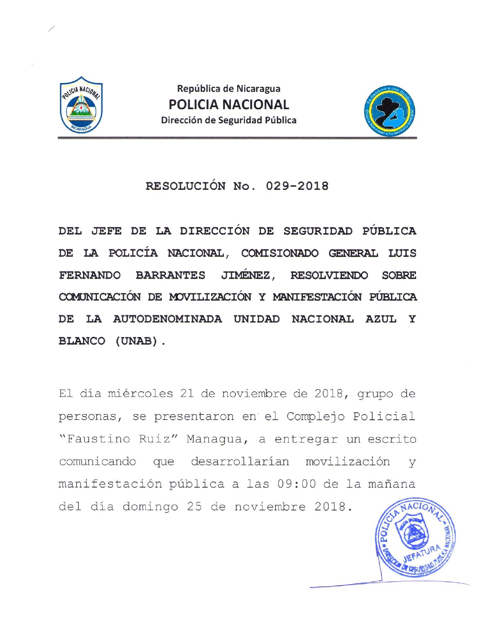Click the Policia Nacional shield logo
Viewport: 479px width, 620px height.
point(81,105)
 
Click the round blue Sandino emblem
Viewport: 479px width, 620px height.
point(390,111)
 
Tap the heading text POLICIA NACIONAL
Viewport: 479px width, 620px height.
point(229,105)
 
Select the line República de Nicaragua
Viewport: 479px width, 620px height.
point(229,88)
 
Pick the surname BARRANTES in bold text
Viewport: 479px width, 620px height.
point(170,275)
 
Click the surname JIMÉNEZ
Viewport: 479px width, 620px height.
point(248,275)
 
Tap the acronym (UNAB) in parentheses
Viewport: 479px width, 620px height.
point(137,341)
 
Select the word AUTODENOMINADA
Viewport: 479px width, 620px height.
point(167,319)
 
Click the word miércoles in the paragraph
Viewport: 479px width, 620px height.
point(140,393)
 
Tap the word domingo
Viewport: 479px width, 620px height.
point(150,507)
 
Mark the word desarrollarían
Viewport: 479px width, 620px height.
point(240,461)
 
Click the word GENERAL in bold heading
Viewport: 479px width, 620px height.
point(353,253)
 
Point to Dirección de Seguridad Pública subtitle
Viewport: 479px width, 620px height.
point(229,120)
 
